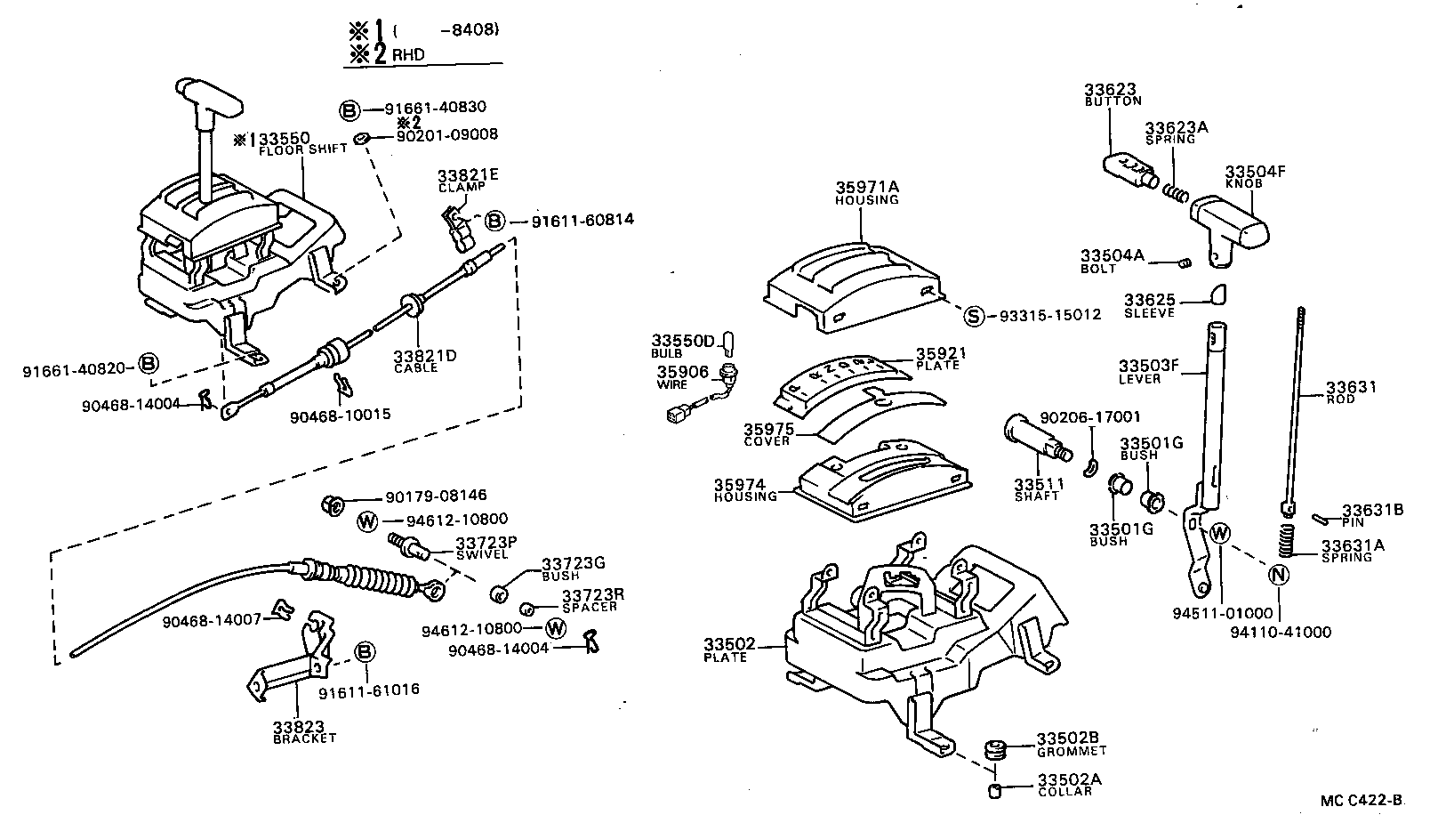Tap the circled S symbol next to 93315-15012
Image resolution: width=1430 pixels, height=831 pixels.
(x=974, y=315)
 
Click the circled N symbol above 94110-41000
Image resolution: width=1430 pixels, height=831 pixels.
(x=1279, y=575)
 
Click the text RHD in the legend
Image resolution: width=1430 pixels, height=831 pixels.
(x=408, y=55)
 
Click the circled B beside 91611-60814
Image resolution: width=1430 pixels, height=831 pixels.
(x=494, y=220)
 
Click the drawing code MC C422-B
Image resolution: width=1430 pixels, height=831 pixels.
(x=1361, y=801)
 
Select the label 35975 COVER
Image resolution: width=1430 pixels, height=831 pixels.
(x=768, y=434)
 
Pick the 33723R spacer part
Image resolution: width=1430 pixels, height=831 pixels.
(x=526, y=609)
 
